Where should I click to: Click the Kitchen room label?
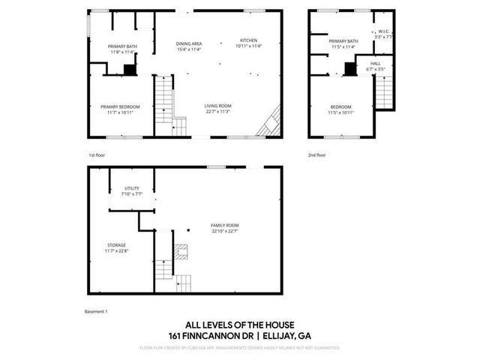(249, 40)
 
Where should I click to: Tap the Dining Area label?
(189, 43)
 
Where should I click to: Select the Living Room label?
(217, 106)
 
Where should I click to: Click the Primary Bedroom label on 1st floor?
(120, 106)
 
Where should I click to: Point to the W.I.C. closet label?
(382, 31)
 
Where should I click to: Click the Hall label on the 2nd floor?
(376, 64)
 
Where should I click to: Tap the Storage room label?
(115, 244)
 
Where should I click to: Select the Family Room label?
(225, 226)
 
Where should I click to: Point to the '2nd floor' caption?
(316, 154)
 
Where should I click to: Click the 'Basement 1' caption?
(97, 310)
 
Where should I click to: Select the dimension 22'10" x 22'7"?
(225, 231)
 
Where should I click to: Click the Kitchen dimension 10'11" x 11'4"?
(249, 46)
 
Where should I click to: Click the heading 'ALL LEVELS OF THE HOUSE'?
(240, 325)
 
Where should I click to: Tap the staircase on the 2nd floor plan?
(383, 92)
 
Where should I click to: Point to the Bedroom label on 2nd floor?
(341, 106)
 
